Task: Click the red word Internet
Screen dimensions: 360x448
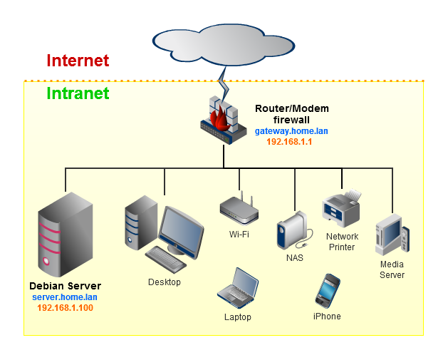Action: coord(78,61)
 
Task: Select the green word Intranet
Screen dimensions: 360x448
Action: coord(78,93)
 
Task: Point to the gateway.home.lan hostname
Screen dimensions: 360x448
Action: coord(291,132)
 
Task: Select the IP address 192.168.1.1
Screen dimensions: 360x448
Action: coord(289,143)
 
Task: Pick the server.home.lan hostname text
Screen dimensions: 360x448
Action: coord(65,297)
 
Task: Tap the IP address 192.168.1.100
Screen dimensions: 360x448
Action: coord(65,308)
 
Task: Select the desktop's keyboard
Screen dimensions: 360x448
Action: coord(165,259)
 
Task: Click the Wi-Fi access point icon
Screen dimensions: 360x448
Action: coord(239,209)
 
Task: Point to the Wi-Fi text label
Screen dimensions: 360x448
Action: coord(239,235)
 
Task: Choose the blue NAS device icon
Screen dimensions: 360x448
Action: coord(291,230)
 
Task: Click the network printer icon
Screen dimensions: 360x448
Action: coord(341,209)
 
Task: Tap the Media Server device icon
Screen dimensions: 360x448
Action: coord(392,235)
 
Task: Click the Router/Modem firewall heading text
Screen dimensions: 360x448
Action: coord(292,115)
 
